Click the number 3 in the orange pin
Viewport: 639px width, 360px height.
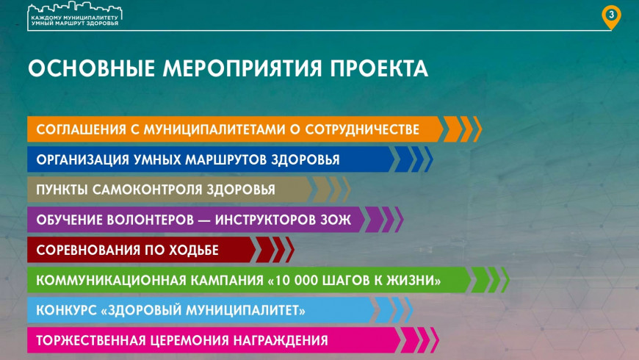(611, 15)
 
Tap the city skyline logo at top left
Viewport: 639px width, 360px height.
(75, 15)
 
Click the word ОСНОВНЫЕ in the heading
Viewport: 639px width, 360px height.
(91, 68)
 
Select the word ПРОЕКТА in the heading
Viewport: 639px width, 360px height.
(379, 68)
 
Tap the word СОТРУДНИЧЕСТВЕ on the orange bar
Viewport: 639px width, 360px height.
(362, 129)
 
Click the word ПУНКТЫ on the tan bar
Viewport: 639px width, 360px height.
(62, 190)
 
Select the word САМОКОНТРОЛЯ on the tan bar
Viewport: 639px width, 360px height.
(147, 190)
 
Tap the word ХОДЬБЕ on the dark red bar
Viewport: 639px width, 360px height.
(193, 251)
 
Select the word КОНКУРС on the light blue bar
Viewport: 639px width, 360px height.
(65, 311)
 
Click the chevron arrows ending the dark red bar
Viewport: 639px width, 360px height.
(274, 250)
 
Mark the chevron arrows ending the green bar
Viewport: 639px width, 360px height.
(489, 280)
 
